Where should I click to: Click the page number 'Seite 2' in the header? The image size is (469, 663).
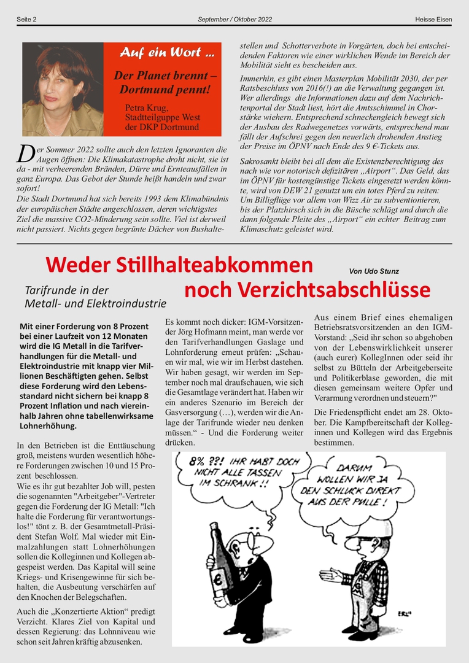click(26, 20)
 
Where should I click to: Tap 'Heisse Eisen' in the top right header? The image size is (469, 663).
click(433, 20)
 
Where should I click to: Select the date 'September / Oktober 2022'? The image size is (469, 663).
click(234, 20)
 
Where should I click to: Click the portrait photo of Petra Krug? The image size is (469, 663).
click(63, 89)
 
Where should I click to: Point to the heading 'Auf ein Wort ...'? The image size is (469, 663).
click(166, 53)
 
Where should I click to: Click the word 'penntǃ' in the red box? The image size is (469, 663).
click(190, 90)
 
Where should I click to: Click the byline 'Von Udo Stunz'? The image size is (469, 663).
click(373, 271)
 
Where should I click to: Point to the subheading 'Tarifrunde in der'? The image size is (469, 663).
click(66, 290)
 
